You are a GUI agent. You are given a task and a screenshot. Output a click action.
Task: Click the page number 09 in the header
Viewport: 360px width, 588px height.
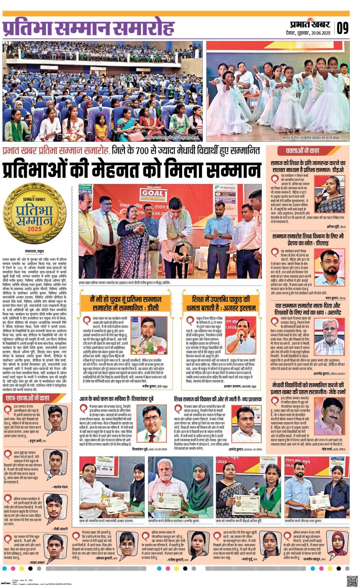coord(342,28)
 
